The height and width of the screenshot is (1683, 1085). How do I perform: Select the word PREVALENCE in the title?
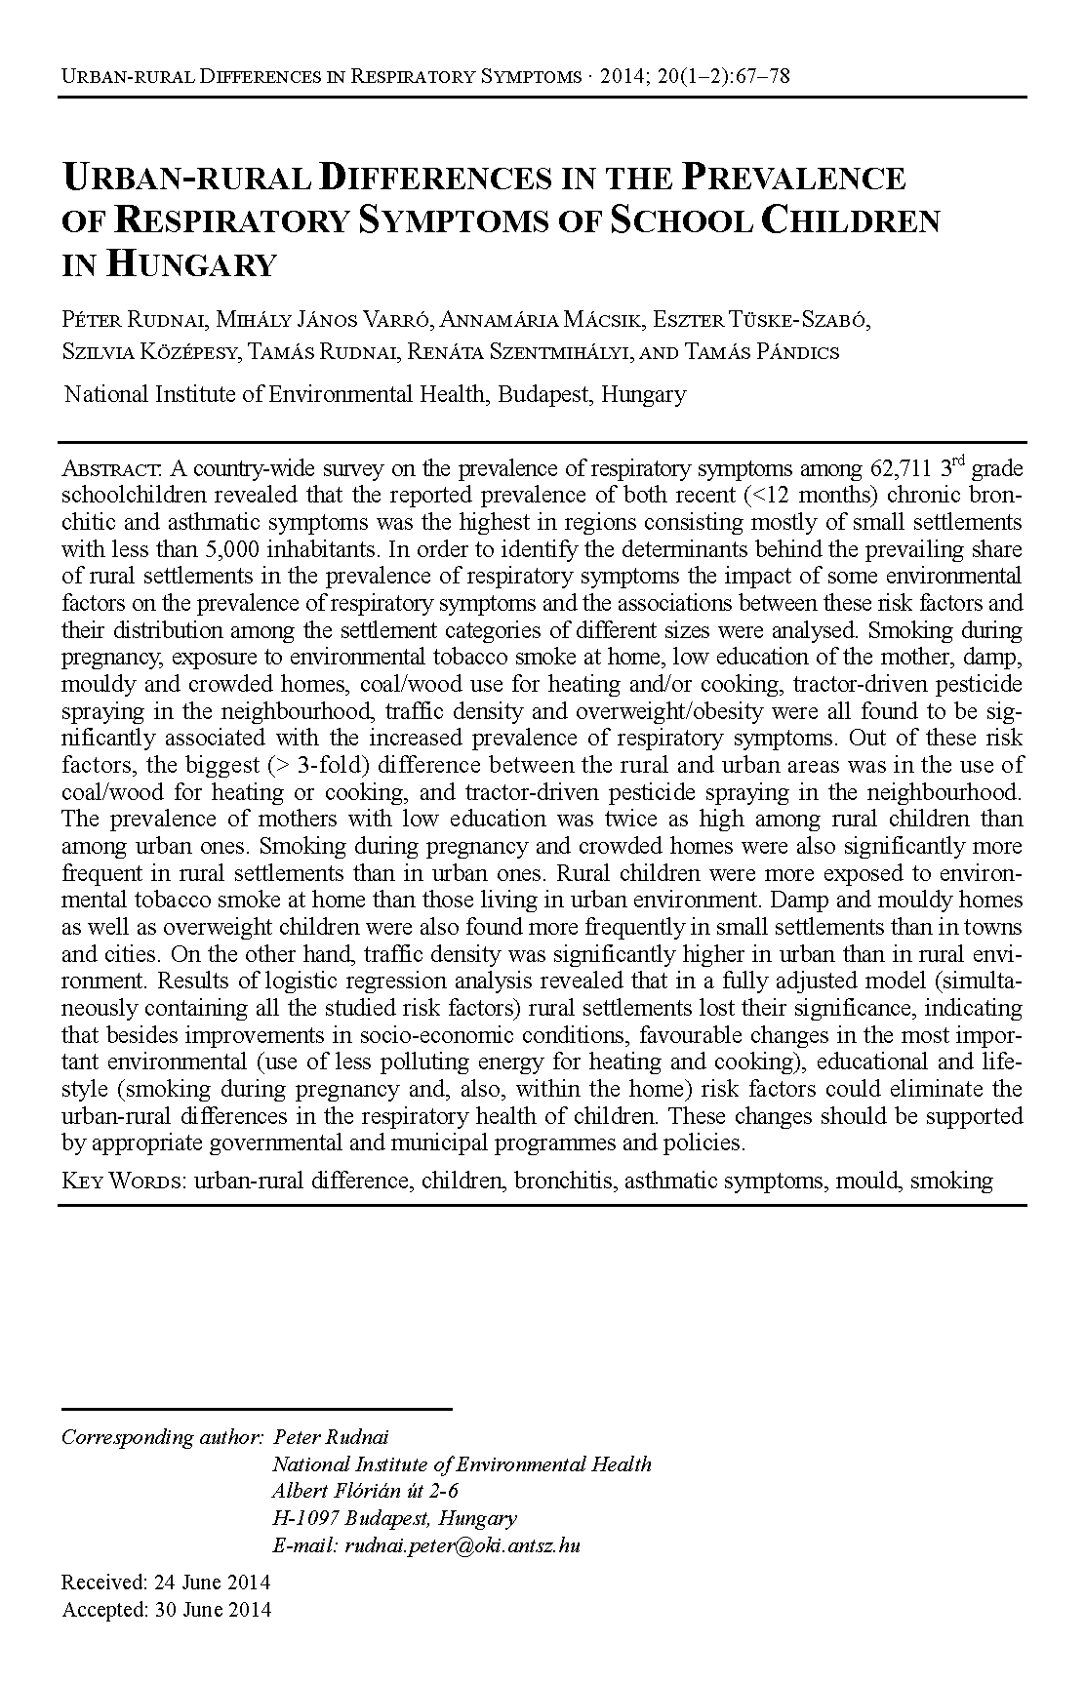pos(793,178)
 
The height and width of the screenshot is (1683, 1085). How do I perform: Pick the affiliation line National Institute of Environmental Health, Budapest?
pos(375,395)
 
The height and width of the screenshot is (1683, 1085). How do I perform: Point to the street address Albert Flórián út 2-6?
pos(365,1492)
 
